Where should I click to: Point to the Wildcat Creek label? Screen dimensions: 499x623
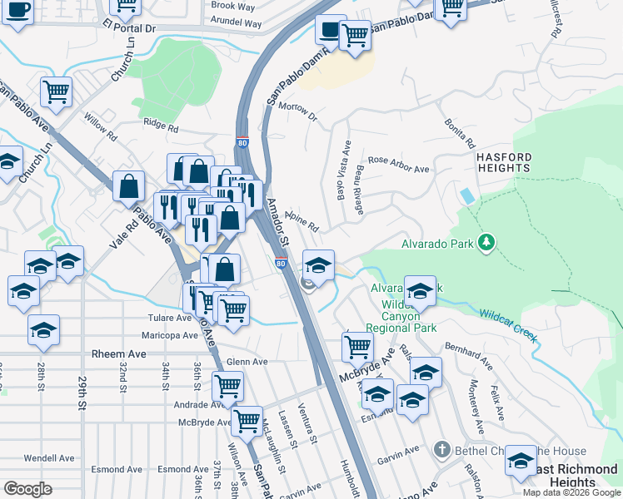coord(506,327)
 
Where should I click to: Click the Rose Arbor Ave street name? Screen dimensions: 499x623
coord(398,164)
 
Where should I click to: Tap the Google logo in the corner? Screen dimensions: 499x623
coord(27,489)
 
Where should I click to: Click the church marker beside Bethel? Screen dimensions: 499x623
coord(443,451)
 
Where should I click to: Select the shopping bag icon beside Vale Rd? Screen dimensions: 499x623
coord(129,185)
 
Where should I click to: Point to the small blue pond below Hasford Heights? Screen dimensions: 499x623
coord(467,195)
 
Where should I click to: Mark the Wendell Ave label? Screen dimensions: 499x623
coord(50,457)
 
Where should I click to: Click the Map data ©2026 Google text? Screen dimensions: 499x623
coord(571,492)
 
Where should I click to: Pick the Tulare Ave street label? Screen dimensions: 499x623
coord(171,318)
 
